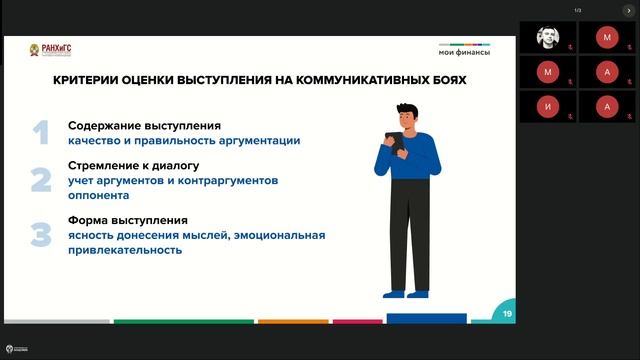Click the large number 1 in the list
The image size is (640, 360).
pos(40,132)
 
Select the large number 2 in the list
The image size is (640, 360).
pos(40,180)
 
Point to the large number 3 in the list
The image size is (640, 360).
pos(40,235)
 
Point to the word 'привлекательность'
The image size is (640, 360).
pos(125,250)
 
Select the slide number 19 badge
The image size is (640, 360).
pos(508,313)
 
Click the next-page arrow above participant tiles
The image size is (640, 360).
pos(628,10)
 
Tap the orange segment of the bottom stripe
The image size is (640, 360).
pos(293,321)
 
